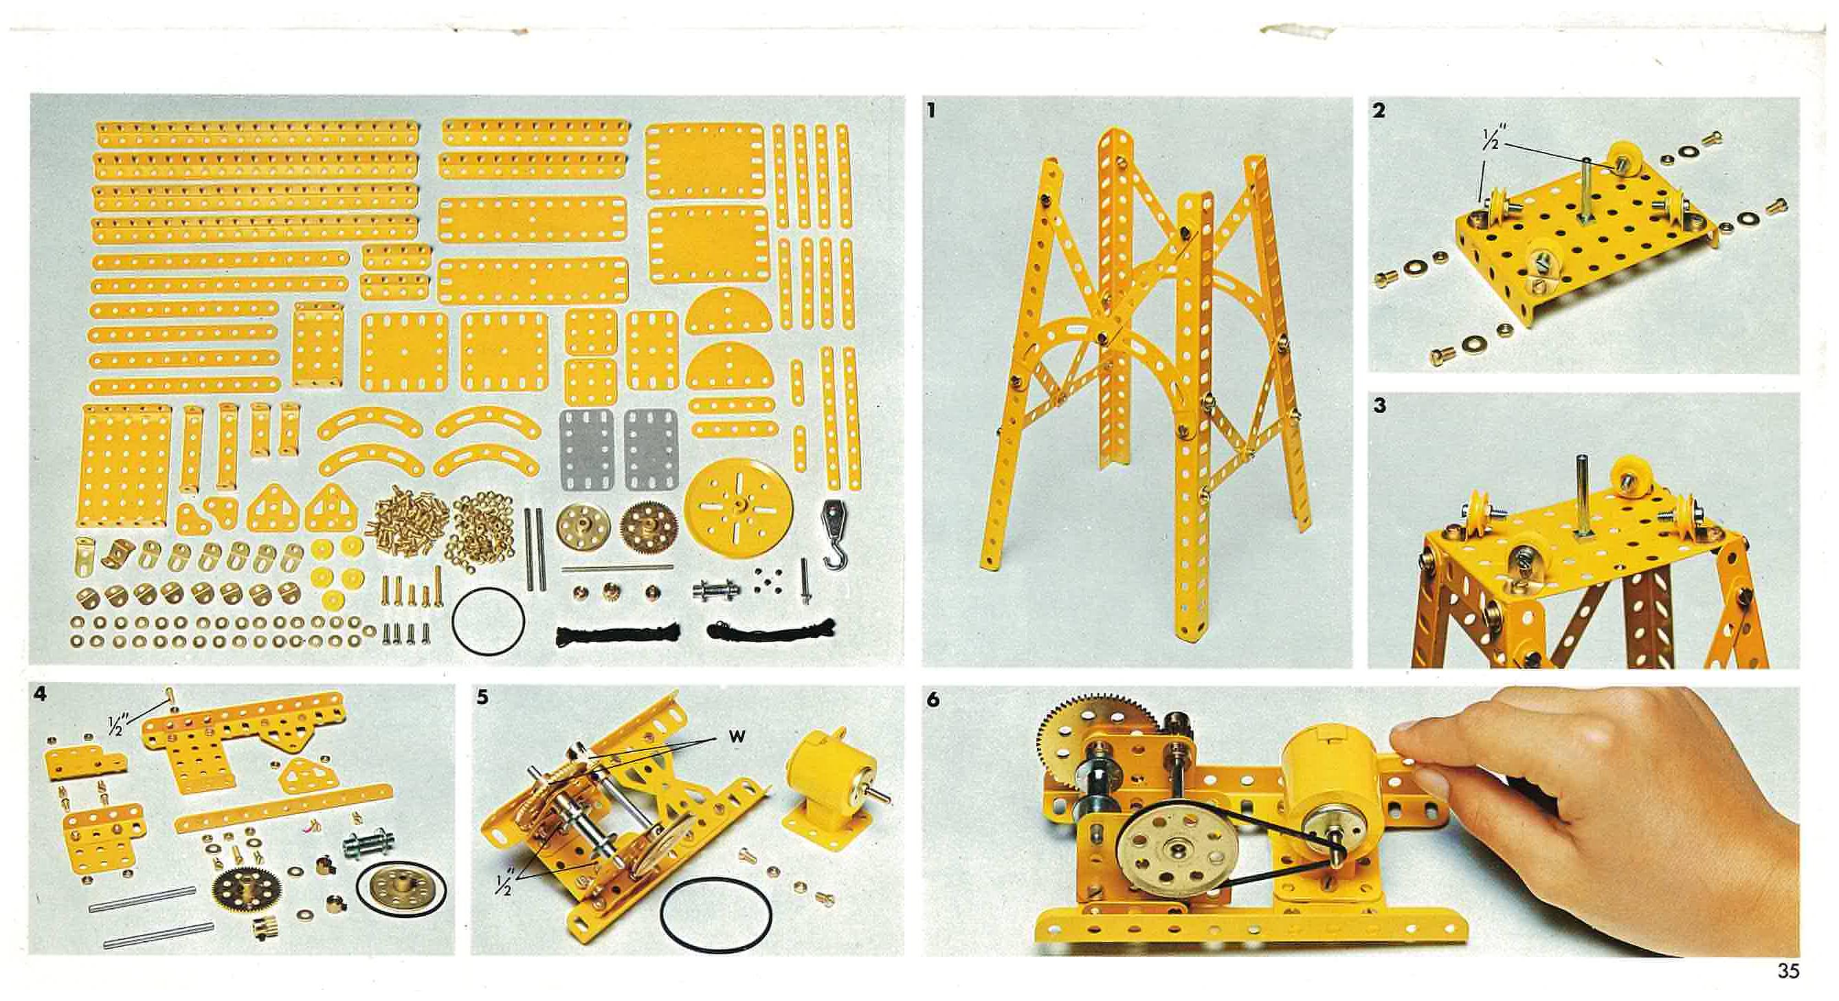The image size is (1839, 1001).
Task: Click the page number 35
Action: click(x=1789, y=971)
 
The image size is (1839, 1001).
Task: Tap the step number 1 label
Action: click(x=930, y=111)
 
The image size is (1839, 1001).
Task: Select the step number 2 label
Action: click(x=1379, y=111)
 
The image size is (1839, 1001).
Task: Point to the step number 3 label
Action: click(x=1379, y=406)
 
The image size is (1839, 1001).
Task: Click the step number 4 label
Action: click(x=41, y=694)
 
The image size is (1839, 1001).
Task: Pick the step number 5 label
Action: click(x=482, y=697)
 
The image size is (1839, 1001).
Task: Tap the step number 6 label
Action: click(x=933, y=700)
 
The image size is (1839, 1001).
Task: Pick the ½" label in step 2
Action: click(x=1490, y=140)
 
